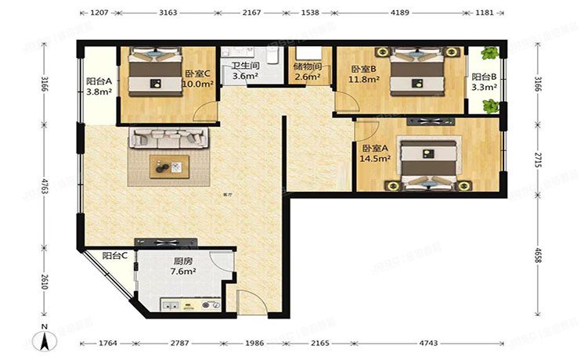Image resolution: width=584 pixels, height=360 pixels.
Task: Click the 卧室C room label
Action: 197,73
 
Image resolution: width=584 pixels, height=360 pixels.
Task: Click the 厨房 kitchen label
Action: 184,262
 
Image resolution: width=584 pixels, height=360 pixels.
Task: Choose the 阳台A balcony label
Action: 99,80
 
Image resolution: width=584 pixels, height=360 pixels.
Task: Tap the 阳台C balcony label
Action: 115,255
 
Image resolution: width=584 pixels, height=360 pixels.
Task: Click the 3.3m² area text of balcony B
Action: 483,88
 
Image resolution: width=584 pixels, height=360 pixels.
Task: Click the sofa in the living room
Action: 170,138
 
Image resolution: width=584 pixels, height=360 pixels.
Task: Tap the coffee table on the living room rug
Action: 170,165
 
